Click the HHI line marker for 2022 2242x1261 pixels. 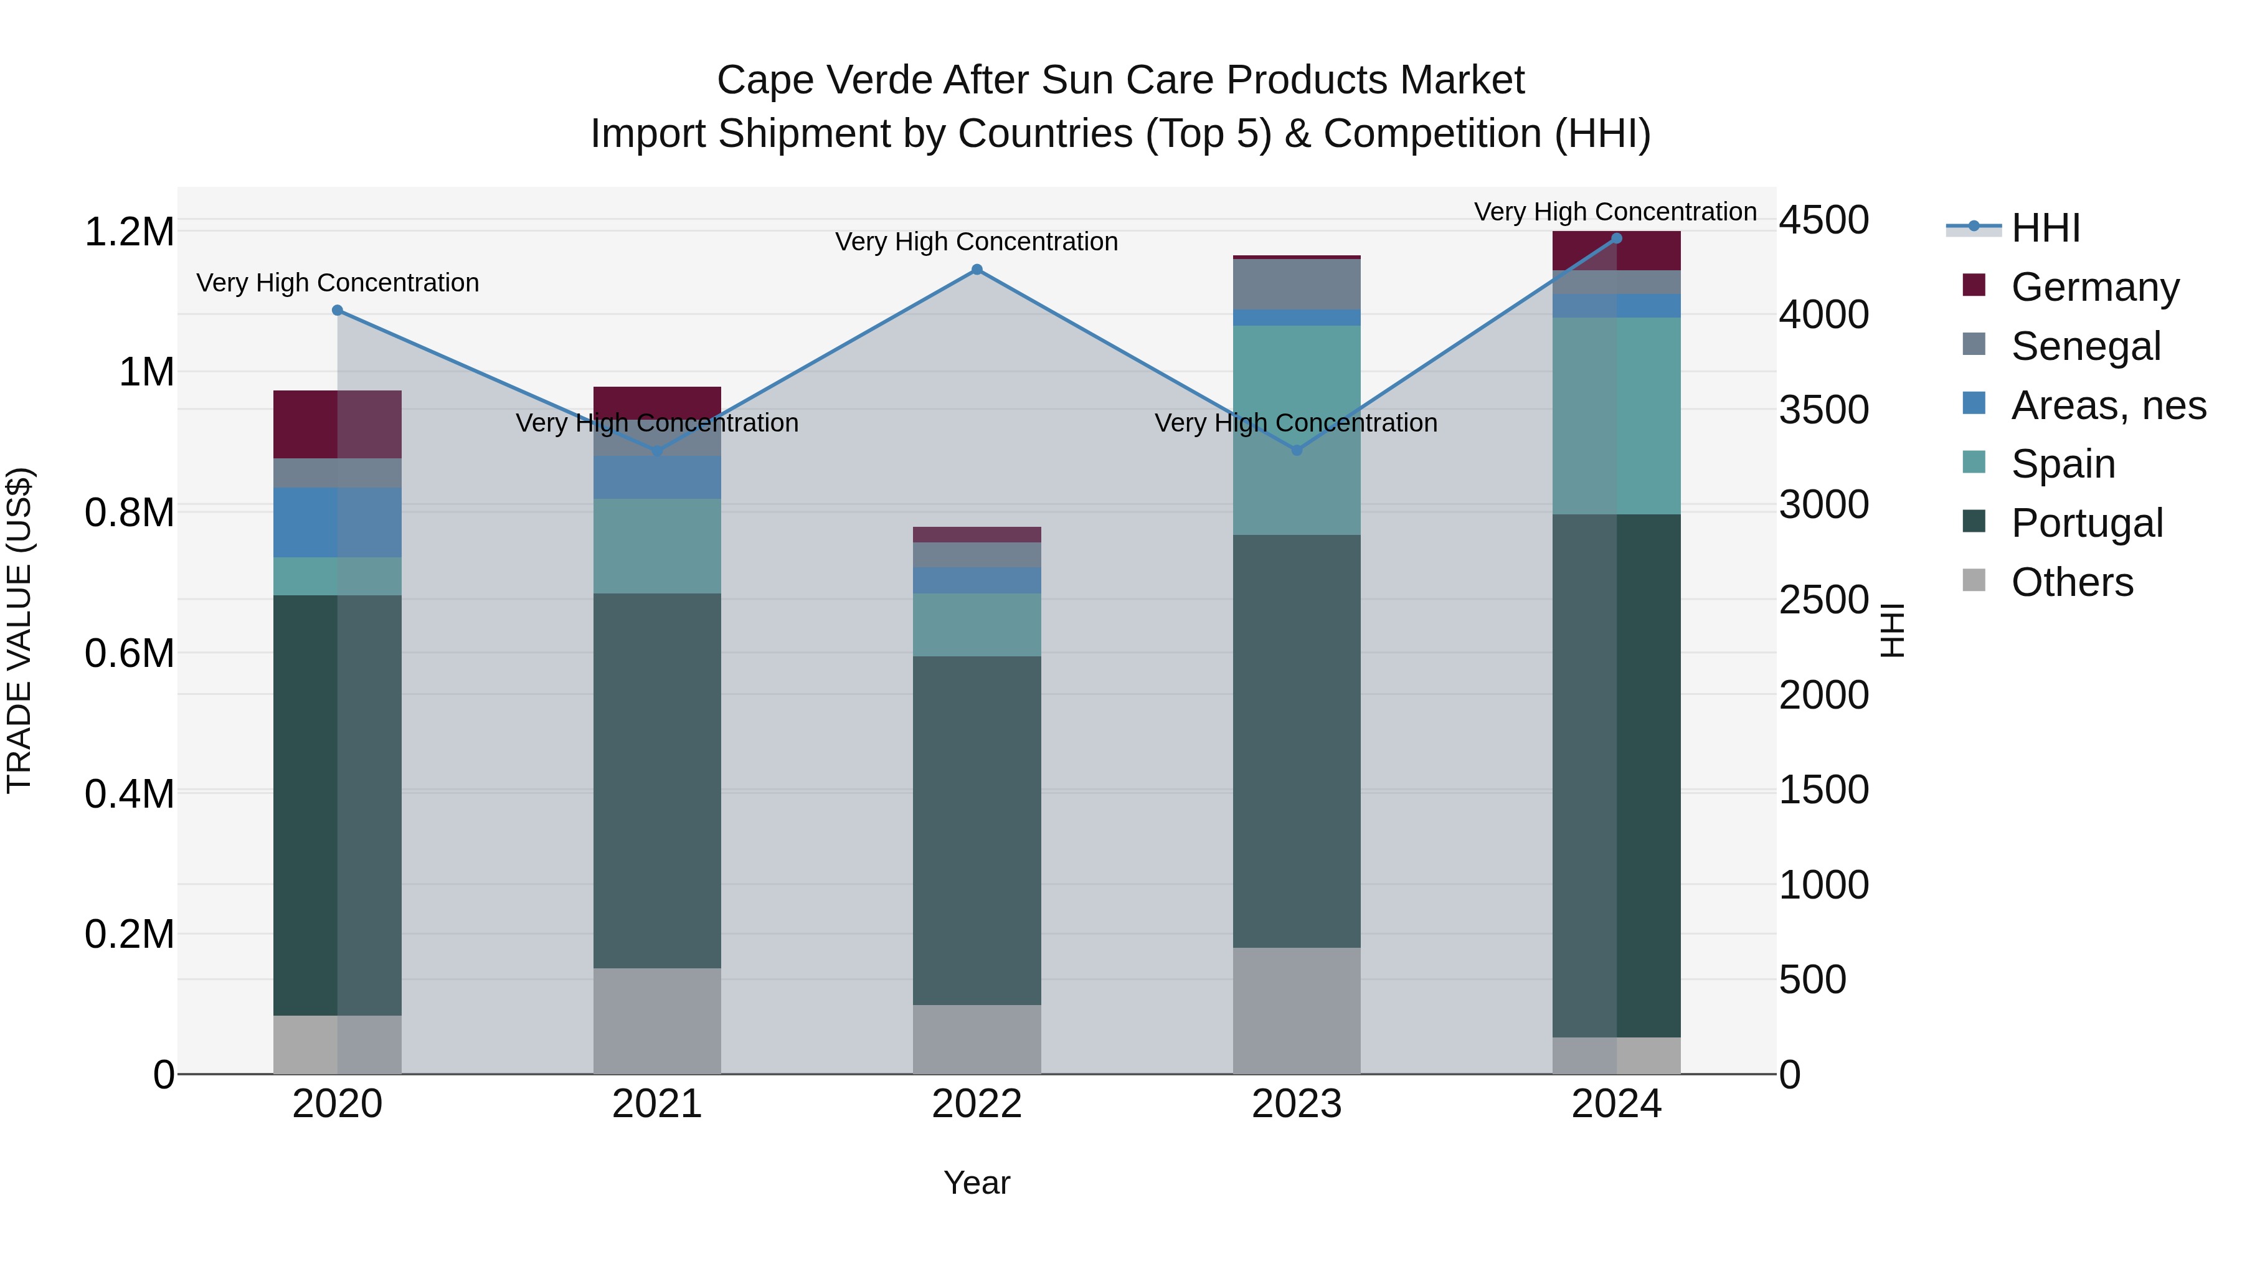point(977,270)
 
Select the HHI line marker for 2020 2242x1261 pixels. point(338,311)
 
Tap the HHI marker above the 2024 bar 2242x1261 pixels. point(1616,239)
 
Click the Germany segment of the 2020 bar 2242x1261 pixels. point(338,424)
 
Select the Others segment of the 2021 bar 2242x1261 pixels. point(657,1020)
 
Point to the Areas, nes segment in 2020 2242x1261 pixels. point(338,522)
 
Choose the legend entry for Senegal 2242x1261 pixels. point(2085,346)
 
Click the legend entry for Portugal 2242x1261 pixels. point(2085,523)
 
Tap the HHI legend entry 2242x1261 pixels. point(2045,228)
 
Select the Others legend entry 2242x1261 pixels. point(2071,582)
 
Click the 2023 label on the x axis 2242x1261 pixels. point(1297,1104)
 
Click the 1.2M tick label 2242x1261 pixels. point(130,232)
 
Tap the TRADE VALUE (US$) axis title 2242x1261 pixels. point(19,630)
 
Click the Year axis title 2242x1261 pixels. point(977,1183)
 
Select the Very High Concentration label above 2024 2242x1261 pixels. point(1615,212)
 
